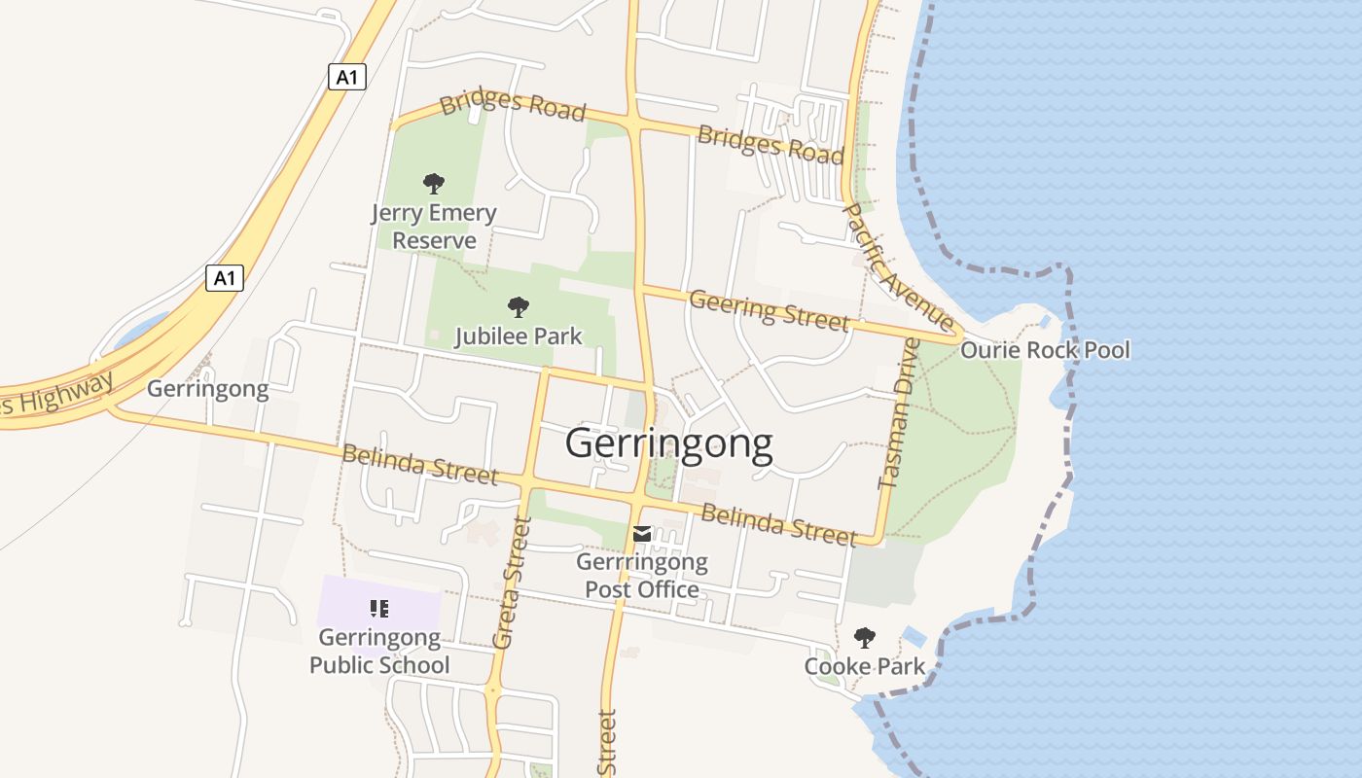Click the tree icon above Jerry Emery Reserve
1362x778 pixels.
pyautogui.click(x=434, y=183)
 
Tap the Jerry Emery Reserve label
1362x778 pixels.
pyautogui.click(x=434, y=227)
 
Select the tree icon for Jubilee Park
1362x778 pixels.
pyautogui.click(x=519, y=307)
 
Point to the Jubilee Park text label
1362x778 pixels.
pyautogui.click(x=519, y=336)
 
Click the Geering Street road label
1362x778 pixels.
pyautogui.click(x=769, y=310)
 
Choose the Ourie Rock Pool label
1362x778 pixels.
pyautogui.click(x=1045, y=350)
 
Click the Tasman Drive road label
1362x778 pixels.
pyautogui.click(x=897, y=413)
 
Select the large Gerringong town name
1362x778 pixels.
pyautogui.click(x=669, y=443)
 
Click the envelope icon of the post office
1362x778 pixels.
pyautogui.click(x=642, y=534)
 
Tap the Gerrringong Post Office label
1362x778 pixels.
pyautogui.click(x=642, y=576)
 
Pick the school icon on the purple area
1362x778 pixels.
pyautogui.click(x=379, y=609)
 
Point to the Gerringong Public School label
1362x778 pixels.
pyautogui.click(x=379, y=652)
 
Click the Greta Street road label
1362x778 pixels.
pyautogui.click(x=512, y=583)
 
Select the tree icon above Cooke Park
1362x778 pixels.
pyautogui.click(x=864, y=638)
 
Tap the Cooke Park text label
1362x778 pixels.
pyautogui.click(x=864, y=667)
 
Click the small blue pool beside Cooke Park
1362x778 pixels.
pyautogui.click(x=914, y=637)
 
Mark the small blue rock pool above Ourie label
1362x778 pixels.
pyautogui.click(x=1044, y=321)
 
